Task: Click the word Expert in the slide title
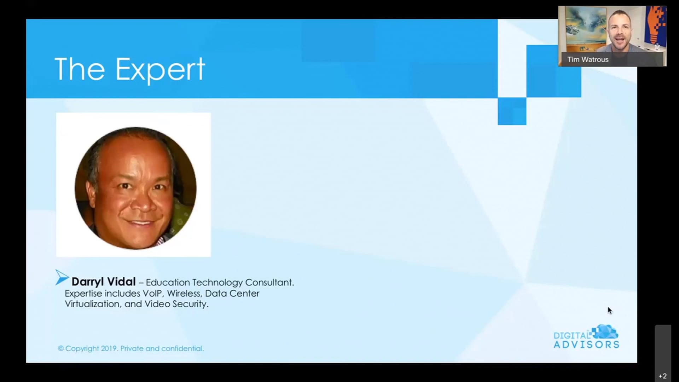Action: [160, 70]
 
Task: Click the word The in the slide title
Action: [80, 69]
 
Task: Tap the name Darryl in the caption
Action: [88, 282]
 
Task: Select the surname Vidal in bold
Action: [121, 282]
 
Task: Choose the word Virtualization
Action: [93, 304]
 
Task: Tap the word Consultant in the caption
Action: [269, 283]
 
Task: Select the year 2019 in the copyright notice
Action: [109, 348]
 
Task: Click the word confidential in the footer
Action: [182, 348]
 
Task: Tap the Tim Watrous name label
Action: [588, 59]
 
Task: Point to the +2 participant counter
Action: [663, 376]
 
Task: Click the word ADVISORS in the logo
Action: [586, 345]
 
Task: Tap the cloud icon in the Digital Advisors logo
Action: [605, 332]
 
